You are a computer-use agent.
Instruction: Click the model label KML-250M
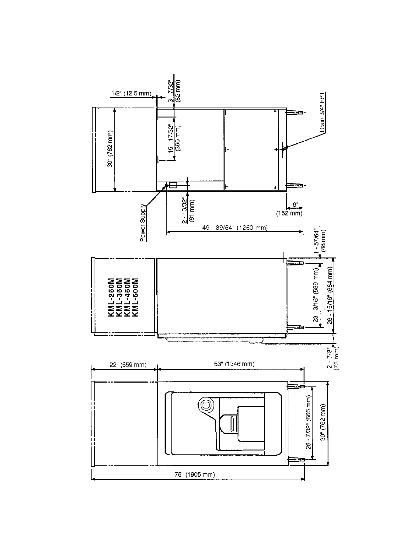pos(111,297)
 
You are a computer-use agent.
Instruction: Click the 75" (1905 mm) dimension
pos(195,474)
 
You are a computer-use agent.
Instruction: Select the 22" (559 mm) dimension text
pos(128,364)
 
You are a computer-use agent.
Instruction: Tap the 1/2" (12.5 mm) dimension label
pos(131,93)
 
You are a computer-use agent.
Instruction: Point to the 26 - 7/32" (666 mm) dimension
pos(309,422)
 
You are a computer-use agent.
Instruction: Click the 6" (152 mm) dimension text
pos(289,209)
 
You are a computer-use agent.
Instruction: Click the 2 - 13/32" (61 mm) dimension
pos(188,211)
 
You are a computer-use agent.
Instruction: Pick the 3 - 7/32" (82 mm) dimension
pos(175,90)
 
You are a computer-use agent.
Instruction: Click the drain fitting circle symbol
pos(283,149)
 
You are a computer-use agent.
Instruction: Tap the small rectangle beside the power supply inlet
pos(173,185)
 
